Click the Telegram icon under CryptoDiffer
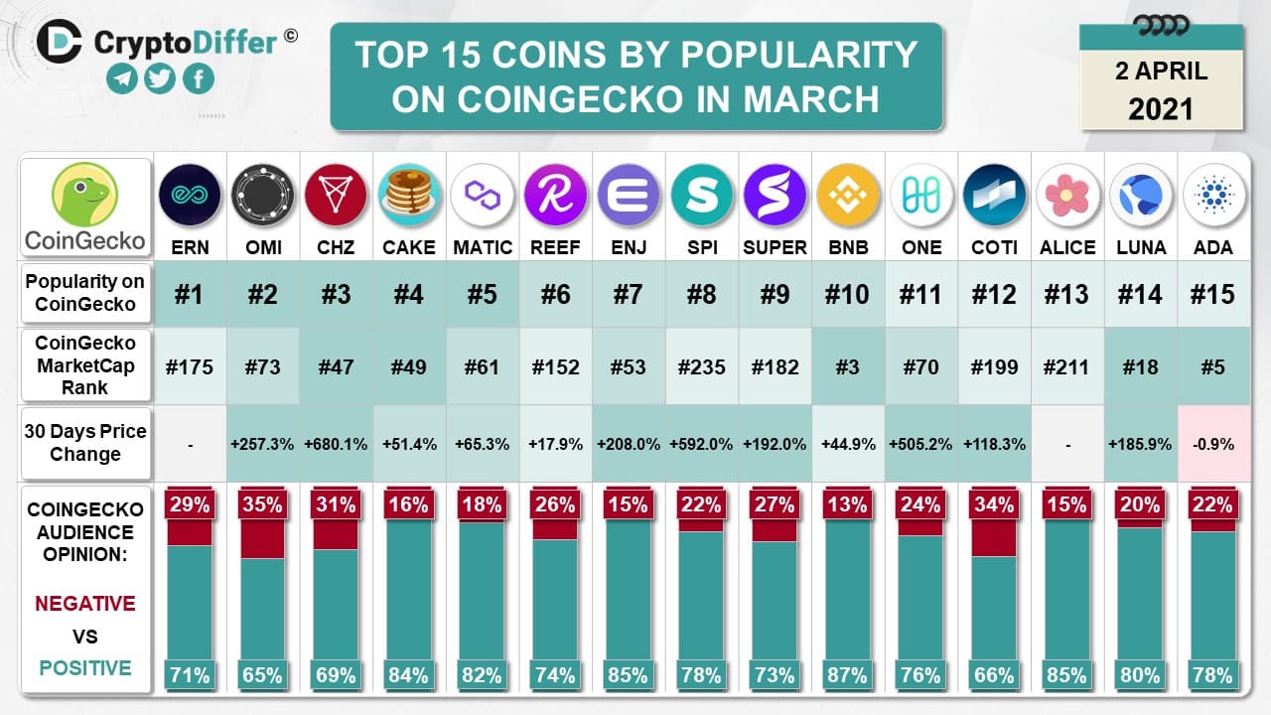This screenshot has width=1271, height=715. click(123, 79)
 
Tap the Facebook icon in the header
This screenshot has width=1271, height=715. click(198, 79)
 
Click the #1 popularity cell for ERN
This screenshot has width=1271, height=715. click(189, 294)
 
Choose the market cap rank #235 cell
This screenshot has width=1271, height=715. click(701, 366)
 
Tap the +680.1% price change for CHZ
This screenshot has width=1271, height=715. click(336, 444)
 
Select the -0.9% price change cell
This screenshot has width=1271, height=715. click(1213, 444)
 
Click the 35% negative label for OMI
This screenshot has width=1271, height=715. click(262, 503)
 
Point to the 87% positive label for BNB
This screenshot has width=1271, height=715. click(848, 675)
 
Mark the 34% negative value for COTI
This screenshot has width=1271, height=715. click(994, 503)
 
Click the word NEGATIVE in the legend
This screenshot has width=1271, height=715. click(85, 603)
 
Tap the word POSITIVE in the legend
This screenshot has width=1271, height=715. click(85, 668)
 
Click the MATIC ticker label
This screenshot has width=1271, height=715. click(482, 247)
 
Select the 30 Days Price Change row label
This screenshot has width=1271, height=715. click(85, 443)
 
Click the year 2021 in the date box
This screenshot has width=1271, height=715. click(1161, 107)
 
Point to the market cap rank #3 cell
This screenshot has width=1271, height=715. click(848, 366)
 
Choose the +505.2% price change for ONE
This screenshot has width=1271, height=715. click(920, 444)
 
